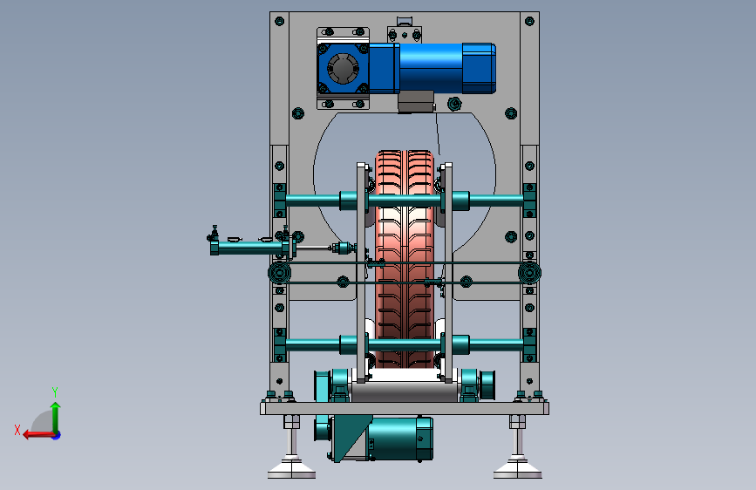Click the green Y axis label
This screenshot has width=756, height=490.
tap(55, 391)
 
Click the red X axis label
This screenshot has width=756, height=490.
tap(17, 430)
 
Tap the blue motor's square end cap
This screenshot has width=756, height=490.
tap(479, 68)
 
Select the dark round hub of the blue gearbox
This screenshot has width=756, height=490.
tap(343, 69)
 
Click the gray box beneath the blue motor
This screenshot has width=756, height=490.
tap(416, 102)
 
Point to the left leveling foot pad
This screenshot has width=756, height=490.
tap(291, 470)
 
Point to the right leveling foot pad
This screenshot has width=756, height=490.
tap(517, 470)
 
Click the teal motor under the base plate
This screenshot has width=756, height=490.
tap(399, 439)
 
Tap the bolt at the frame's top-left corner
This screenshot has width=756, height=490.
tap(279, 21)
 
